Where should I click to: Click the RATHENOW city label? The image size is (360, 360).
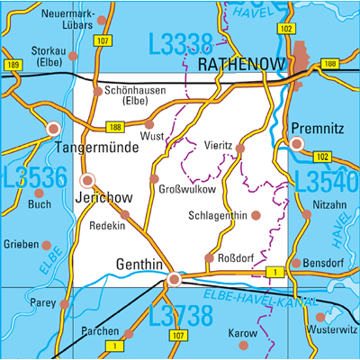coord(241,65)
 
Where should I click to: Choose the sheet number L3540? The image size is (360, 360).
coord(327,182)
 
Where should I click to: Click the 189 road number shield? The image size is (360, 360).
coord(13,66)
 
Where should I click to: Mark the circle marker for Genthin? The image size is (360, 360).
coord(174,279)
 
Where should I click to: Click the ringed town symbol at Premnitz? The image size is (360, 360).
coord(297,143)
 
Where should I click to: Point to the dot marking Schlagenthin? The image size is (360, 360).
coord(256,215)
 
